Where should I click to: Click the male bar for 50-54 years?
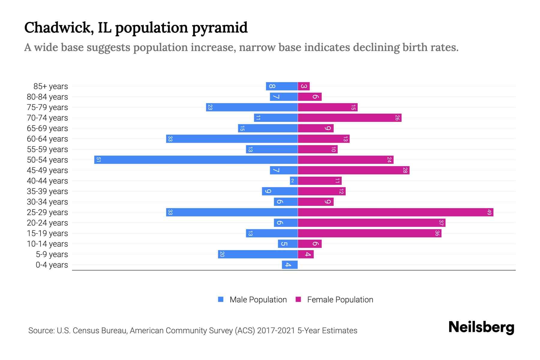(196, 160)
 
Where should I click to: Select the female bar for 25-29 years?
(395, 212)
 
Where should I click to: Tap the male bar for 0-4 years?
(290, 265)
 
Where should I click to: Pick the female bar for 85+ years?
(304, 86)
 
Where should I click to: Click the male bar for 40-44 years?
(294, 181)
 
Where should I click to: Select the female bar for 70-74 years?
(349, 118)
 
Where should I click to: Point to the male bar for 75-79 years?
(252, 107)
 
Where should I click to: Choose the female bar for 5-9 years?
(306, 254)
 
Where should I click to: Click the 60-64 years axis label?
(47, 139)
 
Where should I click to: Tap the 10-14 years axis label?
(47, 244)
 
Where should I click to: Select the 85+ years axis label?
(51, 86)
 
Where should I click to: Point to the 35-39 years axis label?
(47, 191)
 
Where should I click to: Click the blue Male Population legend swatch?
(221, 299)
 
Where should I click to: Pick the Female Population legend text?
(340, 300)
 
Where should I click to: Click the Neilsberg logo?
(481, 327)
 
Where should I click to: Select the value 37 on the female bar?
(441, 223)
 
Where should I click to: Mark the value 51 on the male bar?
(98, 160)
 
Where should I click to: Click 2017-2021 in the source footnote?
(276, 331)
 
